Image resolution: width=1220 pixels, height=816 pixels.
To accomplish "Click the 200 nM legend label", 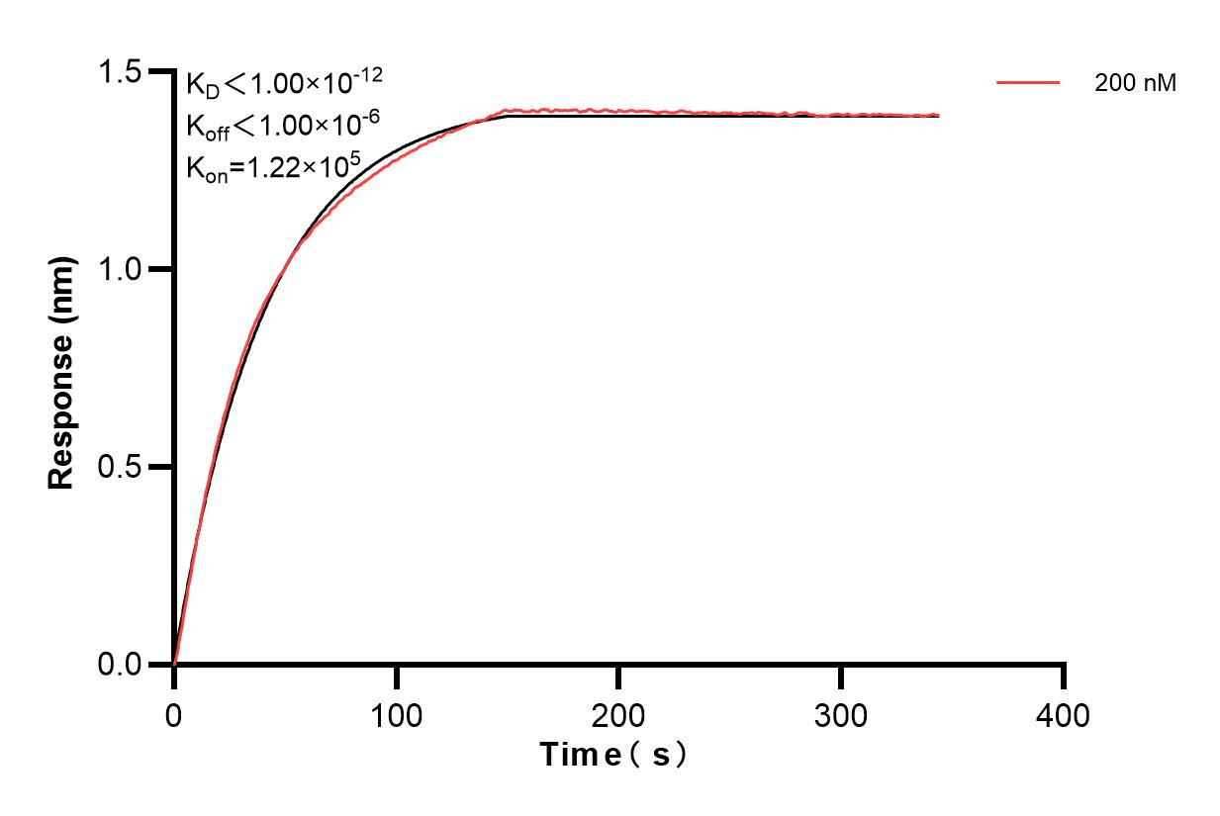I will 1135,84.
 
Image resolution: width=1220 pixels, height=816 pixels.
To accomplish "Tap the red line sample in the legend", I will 1028,83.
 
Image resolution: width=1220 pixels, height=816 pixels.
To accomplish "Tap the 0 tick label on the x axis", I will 174,714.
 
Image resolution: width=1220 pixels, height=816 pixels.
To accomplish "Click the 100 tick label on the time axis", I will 396,714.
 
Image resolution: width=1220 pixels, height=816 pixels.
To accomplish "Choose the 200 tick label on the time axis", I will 618,714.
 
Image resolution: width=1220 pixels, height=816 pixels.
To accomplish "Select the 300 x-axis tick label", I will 841,714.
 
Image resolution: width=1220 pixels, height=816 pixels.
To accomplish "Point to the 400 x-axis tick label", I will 1064,714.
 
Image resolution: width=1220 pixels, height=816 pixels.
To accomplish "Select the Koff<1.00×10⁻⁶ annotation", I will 278,125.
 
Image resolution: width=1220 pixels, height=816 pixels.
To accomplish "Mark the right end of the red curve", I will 938,115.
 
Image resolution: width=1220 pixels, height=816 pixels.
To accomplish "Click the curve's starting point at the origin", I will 174,664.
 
